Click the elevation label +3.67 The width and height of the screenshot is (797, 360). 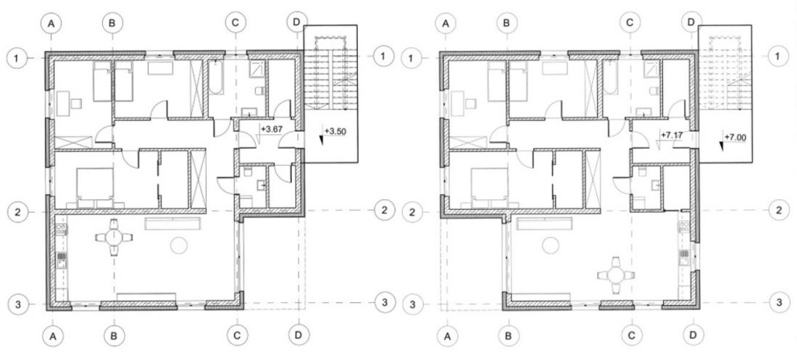point(272,129)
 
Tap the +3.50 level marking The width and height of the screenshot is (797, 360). point(335,131)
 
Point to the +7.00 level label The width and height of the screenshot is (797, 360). point(735,138)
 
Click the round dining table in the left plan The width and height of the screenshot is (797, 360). point(114,237)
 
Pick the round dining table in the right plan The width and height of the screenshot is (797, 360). point(616,275)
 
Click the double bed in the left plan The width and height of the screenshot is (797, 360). point(94,185)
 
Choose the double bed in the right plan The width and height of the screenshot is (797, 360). point(489,185)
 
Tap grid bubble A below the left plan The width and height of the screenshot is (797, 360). point(53,335)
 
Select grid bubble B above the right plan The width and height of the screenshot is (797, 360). point(506,22)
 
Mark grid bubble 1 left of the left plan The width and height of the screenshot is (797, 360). point(17,58)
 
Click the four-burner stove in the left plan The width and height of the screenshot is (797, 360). point(62,230)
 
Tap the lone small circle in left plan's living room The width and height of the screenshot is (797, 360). point(179,246)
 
